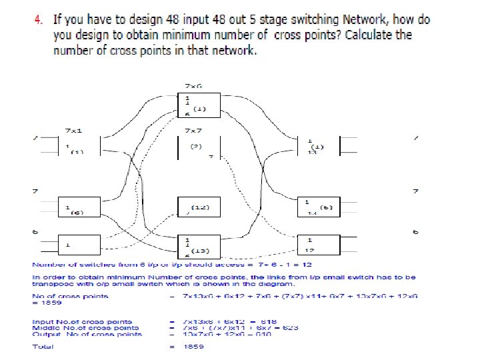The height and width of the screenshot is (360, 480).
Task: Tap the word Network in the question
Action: (365, 19)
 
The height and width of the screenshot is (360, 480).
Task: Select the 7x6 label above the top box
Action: (194, 86)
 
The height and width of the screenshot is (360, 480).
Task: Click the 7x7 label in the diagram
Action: (194, 130)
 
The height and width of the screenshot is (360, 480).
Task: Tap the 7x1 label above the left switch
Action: (73, 130)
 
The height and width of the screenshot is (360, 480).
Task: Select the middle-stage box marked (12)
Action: (197, 208)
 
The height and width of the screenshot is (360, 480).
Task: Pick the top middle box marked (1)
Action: (197, 105)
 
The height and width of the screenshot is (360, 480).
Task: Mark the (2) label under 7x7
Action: (196, 145)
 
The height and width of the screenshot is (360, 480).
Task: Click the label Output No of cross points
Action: (87, 334)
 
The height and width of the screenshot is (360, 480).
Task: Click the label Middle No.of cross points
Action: (87, 327)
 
